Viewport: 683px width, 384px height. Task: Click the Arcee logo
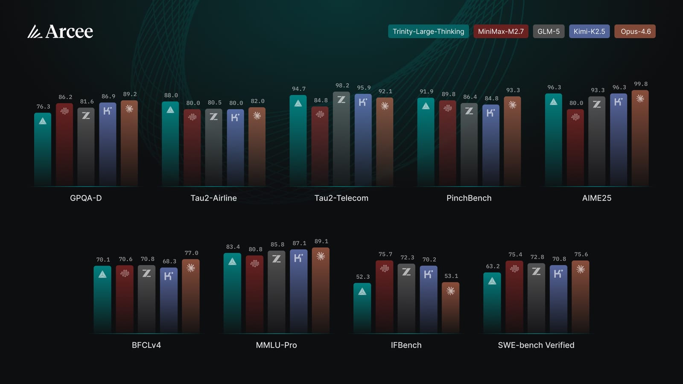click(x=60, y=32)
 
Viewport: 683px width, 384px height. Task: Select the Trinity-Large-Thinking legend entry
click(x=428, y=32)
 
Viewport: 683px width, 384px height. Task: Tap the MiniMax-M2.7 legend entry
click(x=501, y=32)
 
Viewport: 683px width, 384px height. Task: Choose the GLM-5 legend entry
click(x=549, y=32)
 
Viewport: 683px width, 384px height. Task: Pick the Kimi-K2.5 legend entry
click(x=589, y=32)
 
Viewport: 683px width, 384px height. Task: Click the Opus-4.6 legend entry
click(x=635, y=32)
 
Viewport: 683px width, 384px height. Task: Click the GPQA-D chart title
click(x=86, y=198)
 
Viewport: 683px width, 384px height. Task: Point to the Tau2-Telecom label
click(x=341, y=198)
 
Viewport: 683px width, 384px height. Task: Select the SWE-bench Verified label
click(x=536, y=345)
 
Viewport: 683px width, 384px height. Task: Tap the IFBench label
click(x=406, y=345)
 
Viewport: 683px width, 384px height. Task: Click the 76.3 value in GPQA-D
click(x=43, y=107)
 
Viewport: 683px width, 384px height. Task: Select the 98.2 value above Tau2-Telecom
click(x=342, y=86)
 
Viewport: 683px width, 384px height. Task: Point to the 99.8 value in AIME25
click(x=640, y=84)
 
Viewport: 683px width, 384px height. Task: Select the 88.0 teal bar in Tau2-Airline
click(x=170, y=145)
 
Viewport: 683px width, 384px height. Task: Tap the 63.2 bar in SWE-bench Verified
click(x=492, y=303)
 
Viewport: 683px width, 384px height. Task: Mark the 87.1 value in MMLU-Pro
click(x=299, y=244)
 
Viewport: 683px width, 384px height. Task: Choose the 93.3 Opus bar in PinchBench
click(x=512, y=141)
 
